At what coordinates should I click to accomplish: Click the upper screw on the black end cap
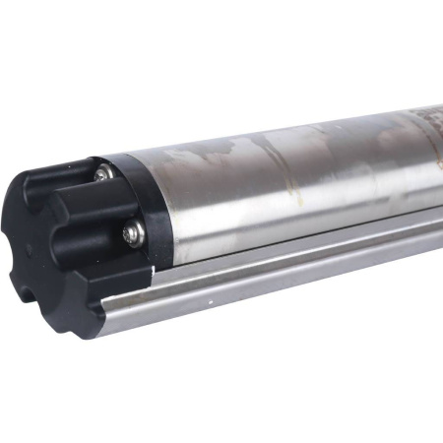(102, 174)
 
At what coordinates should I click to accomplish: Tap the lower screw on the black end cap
(131, 232)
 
